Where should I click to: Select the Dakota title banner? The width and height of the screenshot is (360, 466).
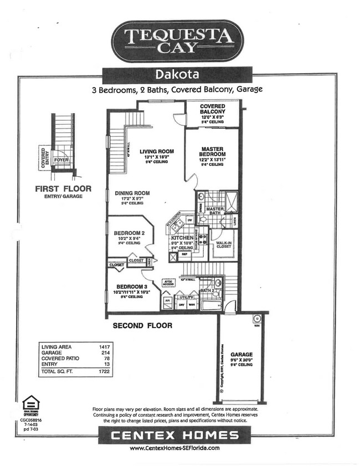(x=178, y=74)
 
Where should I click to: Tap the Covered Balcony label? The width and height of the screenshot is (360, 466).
(x=212, y=109)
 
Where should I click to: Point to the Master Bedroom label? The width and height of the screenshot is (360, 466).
(x=212, y=152)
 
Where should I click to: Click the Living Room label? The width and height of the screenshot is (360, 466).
(x=157, y=151)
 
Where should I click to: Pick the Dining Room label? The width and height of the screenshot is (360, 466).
(x=132, y=193)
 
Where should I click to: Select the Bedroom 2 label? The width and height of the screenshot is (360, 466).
(x=129, y=233)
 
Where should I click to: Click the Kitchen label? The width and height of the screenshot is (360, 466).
(x=182, y=238)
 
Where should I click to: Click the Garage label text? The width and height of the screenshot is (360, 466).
(x=241, y=354)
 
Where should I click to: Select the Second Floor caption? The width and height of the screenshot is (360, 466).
(x=142, y=326)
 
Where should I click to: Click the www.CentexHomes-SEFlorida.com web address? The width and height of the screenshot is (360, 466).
(x=174, y=448)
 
